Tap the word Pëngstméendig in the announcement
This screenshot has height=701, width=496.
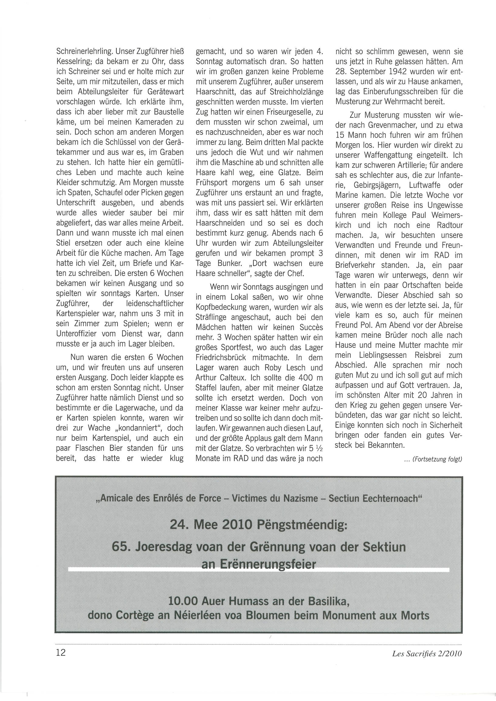coord(301,525)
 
